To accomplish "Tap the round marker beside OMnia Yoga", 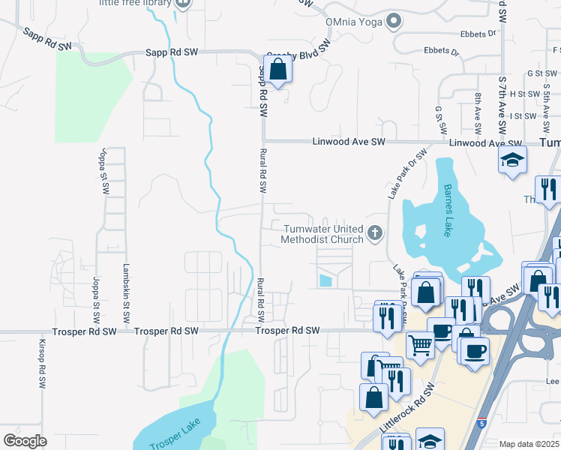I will (x=393, y=22).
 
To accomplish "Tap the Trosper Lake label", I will (x=174, y=433).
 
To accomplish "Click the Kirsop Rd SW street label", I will (x=42, y=364).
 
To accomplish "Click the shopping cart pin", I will (x=420, y=345).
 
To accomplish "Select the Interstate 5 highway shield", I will (x=481, y=423).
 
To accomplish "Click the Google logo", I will (x=25, y=440).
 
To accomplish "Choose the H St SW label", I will (x=522, y=94).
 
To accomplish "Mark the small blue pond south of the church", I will (x=325, y=280).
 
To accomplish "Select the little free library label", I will (x=134, y=4).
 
